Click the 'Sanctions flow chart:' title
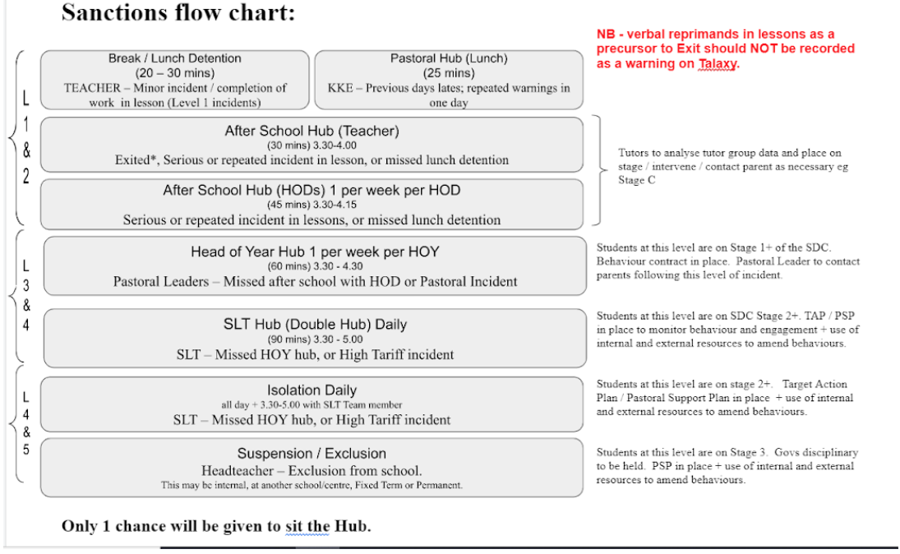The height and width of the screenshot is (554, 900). coord(178,12)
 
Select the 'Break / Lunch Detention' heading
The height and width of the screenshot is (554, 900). coord(174,58)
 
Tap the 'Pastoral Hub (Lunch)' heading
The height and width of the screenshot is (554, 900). coord(449,58)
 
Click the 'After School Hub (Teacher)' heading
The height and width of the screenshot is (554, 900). coord(312,131)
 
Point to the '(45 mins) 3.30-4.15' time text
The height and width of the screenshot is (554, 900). coord(312,205)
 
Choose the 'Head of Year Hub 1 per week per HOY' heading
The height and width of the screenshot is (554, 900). coord(315,252)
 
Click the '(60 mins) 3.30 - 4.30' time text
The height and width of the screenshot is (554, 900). coord(315,266)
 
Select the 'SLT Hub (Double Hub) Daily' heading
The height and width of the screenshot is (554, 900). coord(315,325)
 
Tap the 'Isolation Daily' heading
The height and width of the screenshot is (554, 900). coord(312,390)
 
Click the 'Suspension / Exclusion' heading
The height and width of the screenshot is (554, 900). coord(312,454)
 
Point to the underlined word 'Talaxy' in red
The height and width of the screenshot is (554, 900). coord(717,64)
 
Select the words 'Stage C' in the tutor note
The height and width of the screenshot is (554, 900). coord(636,180)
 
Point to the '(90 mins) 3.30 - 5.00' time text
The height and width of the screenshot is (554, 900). coord(315,339)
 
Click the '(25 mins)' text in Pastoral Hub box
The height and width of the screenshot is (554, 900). coord(449,73)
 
